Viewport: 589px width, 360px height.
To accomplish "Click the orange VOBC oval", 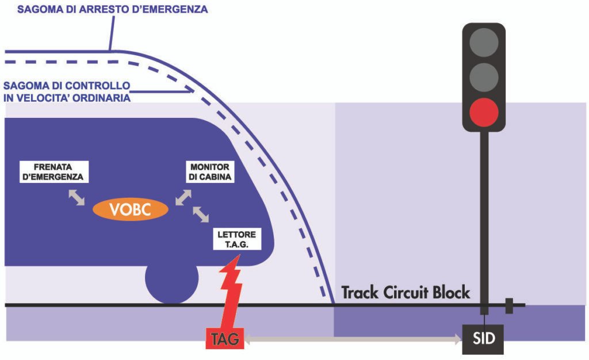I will pos(131,210).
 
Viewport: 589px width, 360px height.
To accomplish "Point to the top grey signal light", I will pos(484,43).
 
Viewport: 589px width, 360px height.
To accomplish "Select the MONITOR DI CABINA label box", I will pos(211,173).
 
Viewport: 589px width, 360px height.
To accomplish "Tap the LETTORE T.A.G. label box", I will pos(237,239).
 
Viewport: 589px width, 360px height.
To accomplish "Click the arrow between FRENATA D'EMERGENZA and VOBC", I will pos(77,197).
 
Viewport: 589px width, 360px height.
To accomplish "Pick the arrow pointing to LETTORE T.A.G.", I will pos(201,215).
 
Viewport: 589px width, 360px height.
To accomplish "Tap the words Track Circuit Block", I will pos(406,292).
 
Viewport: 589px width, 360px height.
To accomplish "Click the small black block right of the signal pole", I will pos(508,306).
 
